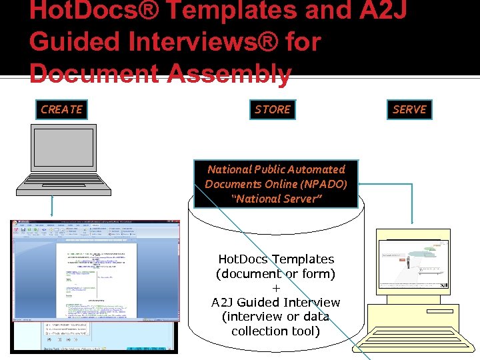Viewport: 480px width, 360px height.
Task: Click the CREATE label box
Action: [x=61, y=109]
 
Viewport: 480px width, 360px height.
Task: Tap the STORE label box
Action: [x=273, y=109]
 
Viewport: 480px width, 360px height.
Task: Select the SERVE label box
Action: [x=409, y=109]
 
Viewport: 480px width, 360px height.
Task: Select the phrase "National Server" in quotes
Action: [x=276, y=199]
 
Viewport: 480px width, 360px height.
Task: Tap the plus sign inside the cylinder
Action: [x=276, y=288]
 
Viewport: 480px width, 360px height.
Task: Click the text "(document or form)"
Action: [x=276, y=273]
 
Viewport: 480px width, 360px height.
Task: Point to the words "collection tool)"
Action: [x=276, y=331]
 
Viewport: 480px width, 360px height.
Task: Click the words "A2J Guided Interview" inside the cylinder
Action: [x=276, y=302]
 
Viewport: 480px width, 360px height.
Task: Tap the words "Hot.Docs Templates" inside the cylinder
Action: [x=276, y=259]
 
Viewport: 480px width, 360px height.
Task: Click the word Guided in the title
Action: [x=73, y=43]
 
